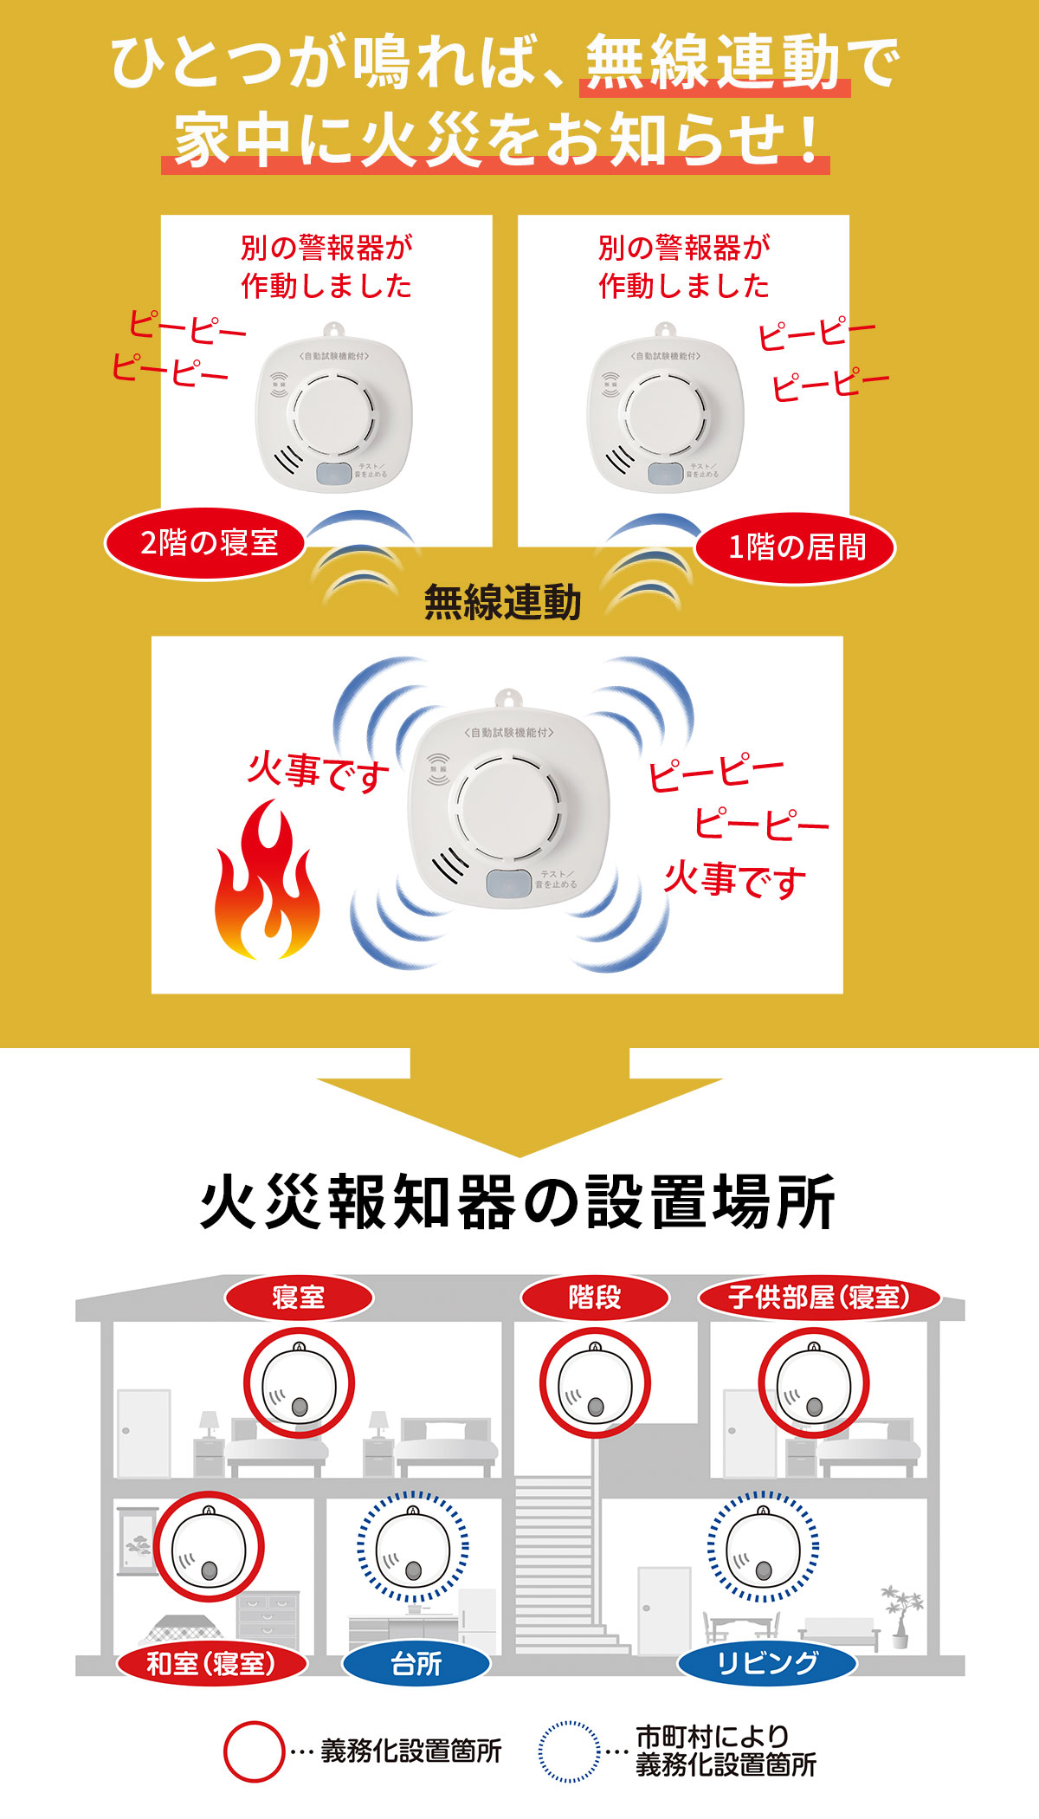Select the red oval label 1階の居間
click(x=795, y=547)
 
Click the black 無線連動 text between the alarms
click(x=502, y=602)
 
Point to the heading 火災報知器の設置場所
click(x=518, y=1202)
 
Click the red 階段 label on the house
click(x=595, y=1298)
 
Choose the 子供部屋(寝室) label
click(x=819, y=1298)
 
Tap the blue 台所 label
click(x=416, y=1663)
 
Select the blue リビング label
click(x=767, y=1663)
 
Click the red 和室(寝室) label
click(x=211, y=1663)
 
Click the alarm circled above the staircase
click(x=595, y=1384)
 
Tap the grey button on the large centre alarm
click(x=508, y=884)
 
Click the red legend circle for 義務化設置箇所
click(x=254, y=1751)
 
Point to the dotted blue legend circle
click(x=569, y=1751)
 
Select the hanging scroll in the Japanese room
click(x=134, y=1542)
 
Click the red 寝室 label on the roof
click(x=299, y=1298)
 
